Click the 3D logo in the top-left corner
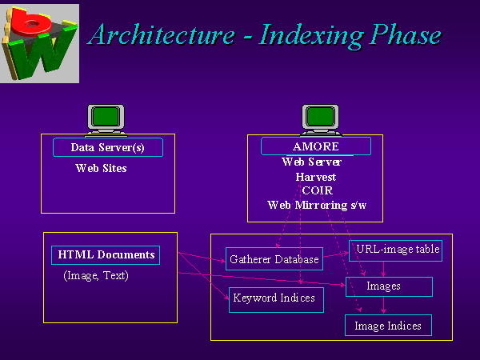(x=40, y=42)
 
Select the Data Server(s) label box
(x=107, y=147)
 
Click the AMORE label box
(x=316, y=146)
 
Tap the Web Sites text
(x=101, y=169)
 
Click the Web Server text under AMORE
(x=312, y=162)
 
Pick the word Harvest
(x=315, y=176)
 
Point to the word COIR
(x=318, y=190)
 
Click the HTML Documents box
(x=105, y=255)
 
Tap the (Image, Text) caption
(x=96, y=276)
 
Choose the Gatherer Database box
(x=274, y=259)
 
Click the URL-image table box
(x=395, y=250)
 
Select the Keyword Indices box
(x=274, y=299)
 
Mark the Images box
(x=389, y=286)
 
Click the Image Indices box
(x=387, y=326)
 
